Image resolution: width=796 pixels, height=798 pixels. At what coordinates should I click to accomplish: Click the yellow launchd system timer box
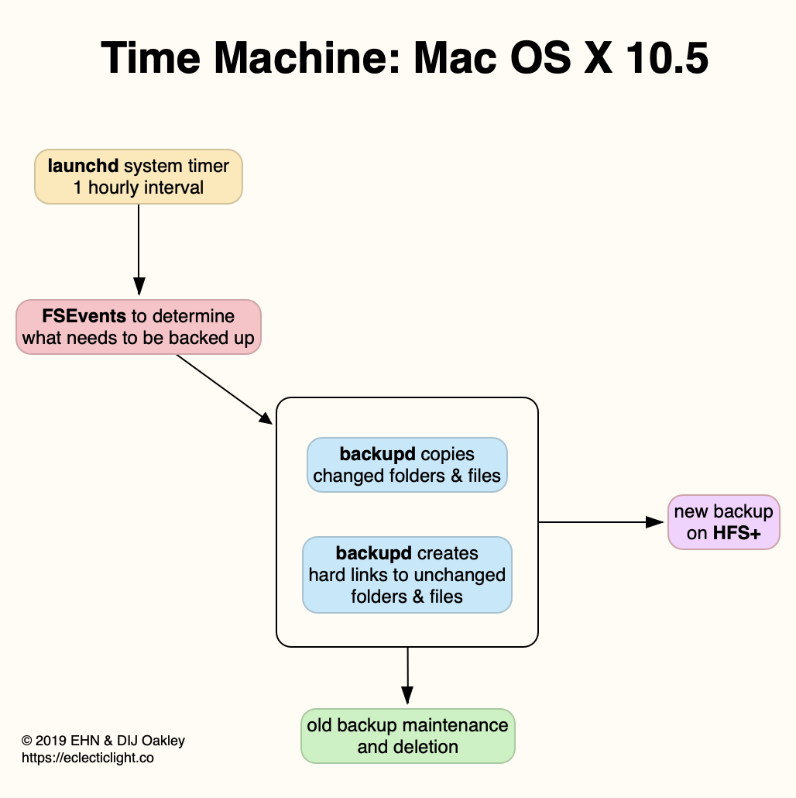pos(139,177)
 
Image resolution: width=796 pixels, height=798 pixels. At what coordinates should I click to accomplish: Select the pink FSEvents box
pos(139,327)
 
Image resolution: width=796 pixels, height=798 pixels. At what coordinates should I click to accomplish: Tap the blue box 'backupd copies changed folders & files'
pos(407,465)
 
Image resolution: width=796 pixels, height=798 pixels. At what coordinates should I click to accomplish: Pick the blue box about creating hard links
pos(407,575)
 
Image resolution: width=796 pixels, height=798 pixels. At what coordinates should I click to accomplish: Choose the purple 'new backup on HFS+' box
pos(723,522)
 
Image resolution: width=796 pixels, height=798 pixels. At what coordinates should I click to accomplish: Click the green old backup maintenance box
pos(407,736)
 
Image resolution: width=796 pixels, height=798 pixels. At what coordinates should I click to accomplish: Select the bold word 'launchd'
pos(82,166)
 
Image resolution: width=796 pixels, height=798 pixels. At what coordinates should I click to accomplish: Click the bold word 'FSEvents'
pos(84,316)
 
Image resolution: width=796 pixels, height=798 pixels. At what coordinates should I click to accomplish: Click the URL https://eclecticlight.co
pos(87,758)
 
